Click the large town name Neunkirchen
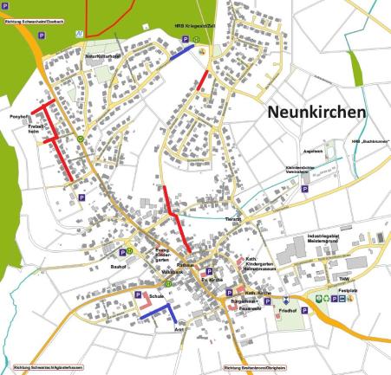(x=316, y=113)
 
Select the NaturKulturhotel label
(x=101, y=55)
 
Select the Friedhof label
(x=288, y=308)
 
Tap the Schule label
(x=157, y=296)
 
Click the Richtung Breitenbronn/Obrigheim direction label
(x=256, y=368)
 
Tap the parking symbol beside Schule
(x=137, y=296)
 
